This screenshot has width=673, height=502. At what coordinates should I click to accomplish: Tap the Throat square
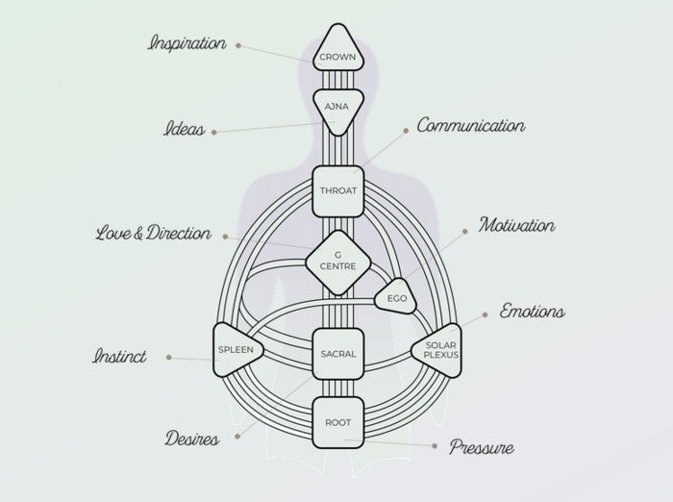pyautogui.click(x=338, y=191)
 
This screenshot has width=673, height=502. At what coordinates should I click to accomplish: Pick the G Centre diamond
pyautogui.click(x=338, y=263)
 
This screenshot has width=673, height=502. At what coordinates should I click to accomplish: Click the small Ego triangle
pyautogui.click(x=396, y=297)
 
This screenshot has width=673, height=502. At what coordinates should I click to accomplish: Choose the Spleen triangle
pyautogui.click(x=237, y=349)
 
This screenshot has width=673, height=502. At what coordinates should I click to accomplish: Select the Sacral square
pyautogui.click(x=338, y=354)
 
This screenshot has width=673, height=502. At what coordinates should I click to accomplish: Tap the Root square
pyautogui.click(x=338, y=423)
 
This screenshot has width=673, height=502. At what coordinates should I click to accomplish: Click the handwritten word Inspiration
pyautogui.click(x=187, y=44)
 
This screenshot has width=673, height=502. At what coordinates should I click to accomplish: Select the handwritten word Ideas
pyautogui.click(x=185, y=129)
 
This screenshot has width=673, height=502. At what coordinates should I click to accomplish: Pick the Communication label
pyautogui.click(x=471, y=125)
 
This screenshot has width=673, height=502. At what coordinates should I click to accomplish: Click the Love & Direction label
pyautogui.click(x=153, y=233)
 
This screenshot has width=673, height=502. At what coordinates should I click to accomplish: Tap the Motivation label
pyautogui.click(x=517, y=225)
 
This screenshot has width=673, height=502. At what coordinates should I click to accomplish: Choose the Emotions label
pyautogui.click(x=533, y=311)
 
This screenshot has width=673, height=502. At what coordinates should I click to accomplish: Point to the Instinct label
pyautogui.click(x=119, y=356)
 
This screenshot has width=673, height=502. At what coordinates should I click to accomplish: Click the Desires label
pyautogui.click(x=192, y=439)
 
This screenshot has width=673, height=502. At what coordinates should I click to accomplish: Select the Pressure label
pyautogui.click(x=482, y=447)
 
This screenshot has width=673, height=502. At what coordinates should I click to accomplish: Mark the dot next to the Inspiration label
pyautogui.click(x=238, y=45)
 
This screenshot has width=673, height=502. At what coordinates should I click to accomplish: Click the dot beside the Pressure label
pyautogui.click(x=435, y=446)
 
